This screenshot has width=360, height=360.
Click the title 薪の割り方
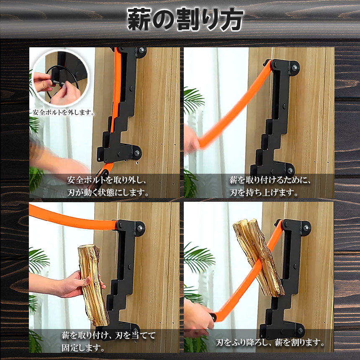point(185,20)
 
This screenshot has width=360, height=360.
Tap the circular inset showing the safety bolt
point(61,77)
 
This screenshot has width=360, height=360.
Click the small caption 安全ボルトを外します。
point(63,113)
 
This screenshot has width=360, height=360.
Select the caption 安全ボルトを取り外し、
point(106,180)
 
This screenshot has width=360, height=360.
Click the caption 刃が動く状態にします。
point(108,193)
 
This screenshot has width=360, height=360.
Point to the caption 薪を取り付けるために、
point(270,180)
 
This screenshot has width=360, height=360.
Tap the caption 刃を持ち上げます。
point(264,193)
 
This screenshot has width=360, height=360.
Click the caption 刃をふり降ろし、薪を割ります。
point(270,342)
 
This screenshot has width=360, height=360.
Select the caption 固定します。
point(82,347)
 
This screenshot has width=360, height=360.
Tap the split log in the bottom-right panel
point(259,257)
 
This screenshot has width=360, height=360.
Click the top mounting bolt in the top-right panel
point(294,68)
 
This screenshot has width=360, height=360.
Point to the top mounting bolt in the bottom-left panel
point(139,228)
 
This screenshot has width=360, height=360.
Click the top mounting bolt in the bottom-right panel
point(306,228)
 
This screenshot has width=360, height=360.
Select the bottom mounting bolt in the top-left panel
point(136,153)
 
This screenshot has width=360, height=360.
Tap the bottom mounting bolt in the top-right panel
point(290,170)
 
